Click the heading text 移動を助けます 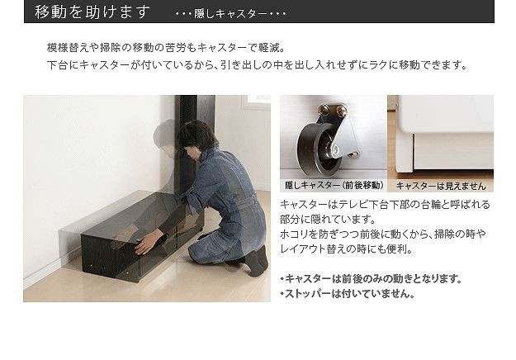(92, 12)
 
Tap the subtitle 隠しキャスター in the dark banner (230, 14)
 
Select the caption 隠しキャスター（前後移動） (334, 185)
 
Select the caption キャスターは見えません (441, 187)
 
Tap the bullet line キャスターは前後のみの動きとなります (371, 279)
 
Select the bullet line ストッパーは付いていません (348, 293)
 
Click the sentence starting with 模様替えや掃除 (166, 48)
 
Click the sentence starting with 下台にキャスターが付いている (257, 65)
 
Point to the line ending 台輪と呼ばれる (385, 205)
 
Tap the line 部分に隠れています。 (328, 219)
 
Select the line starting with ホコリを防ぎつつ (382, 234)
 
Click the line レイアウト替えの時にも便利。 (346, 249)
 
